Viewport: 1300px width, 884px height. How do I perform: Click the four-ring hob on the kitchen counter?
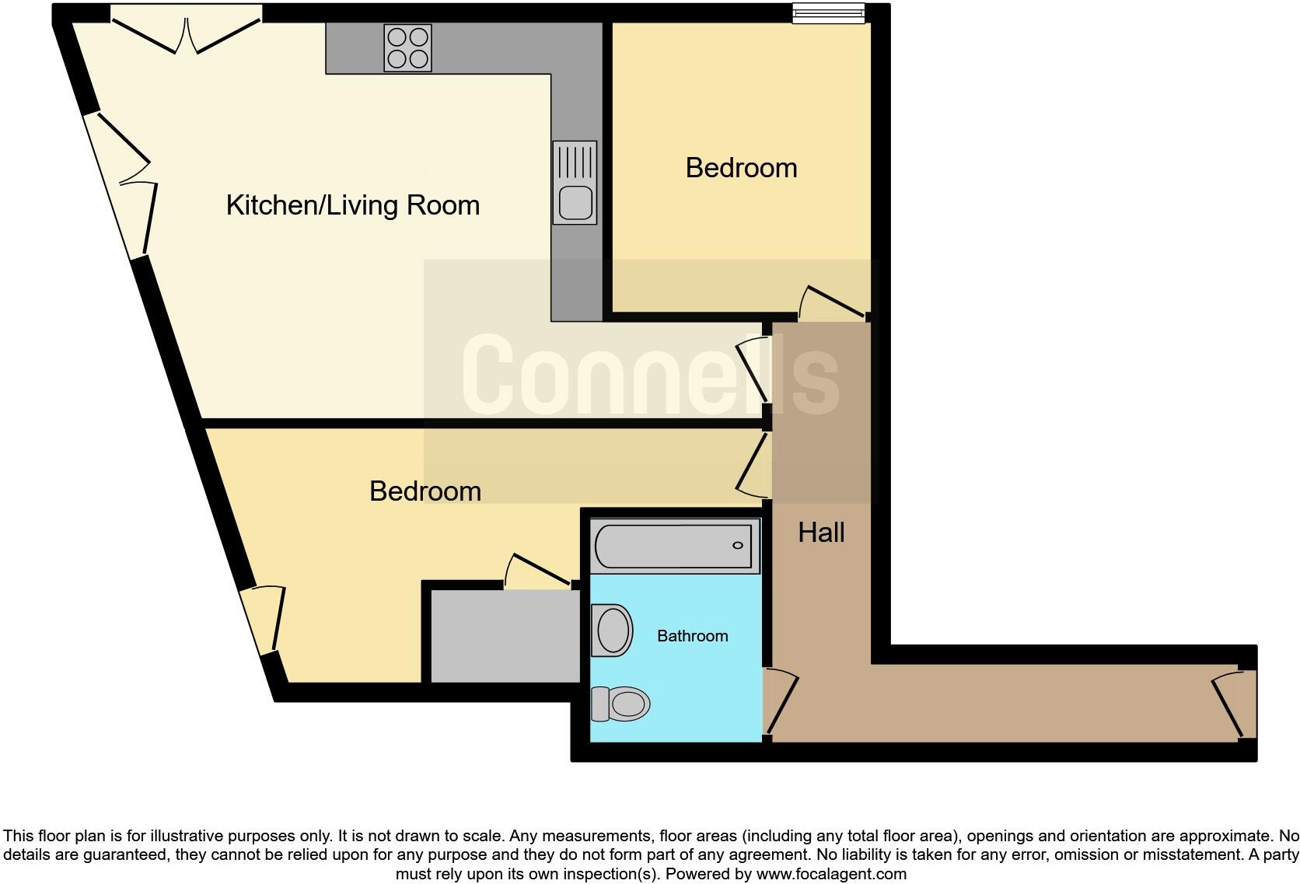point(407,47)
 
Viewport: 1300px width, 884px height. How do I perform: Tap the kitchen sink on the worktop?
point(575,183)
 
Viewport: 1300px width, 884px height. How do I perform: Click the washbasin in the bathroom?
point(612,630)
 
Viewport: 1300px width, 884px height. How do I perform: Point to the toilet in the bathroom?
point(621,704)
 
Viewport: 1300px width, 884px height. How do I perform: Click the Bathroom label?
point(692,636)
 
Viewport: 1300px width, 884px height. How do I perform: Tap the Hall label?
point(821,533)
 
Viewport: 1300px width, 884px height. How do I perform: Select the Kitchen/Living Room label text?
point(352,205)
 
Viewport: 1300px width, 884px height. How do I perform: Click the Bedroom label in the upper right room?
point(741,168)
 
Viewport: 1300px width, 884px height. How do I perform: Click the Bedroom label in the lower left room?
point(425,491)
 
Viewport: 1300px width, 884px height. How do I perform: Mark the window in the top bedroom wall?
point(828,13)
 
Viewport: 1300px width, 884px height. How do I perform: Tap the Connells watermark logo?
point(650,375)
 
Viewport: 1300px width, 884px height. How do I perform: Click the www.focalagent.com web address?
point(830,874)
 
